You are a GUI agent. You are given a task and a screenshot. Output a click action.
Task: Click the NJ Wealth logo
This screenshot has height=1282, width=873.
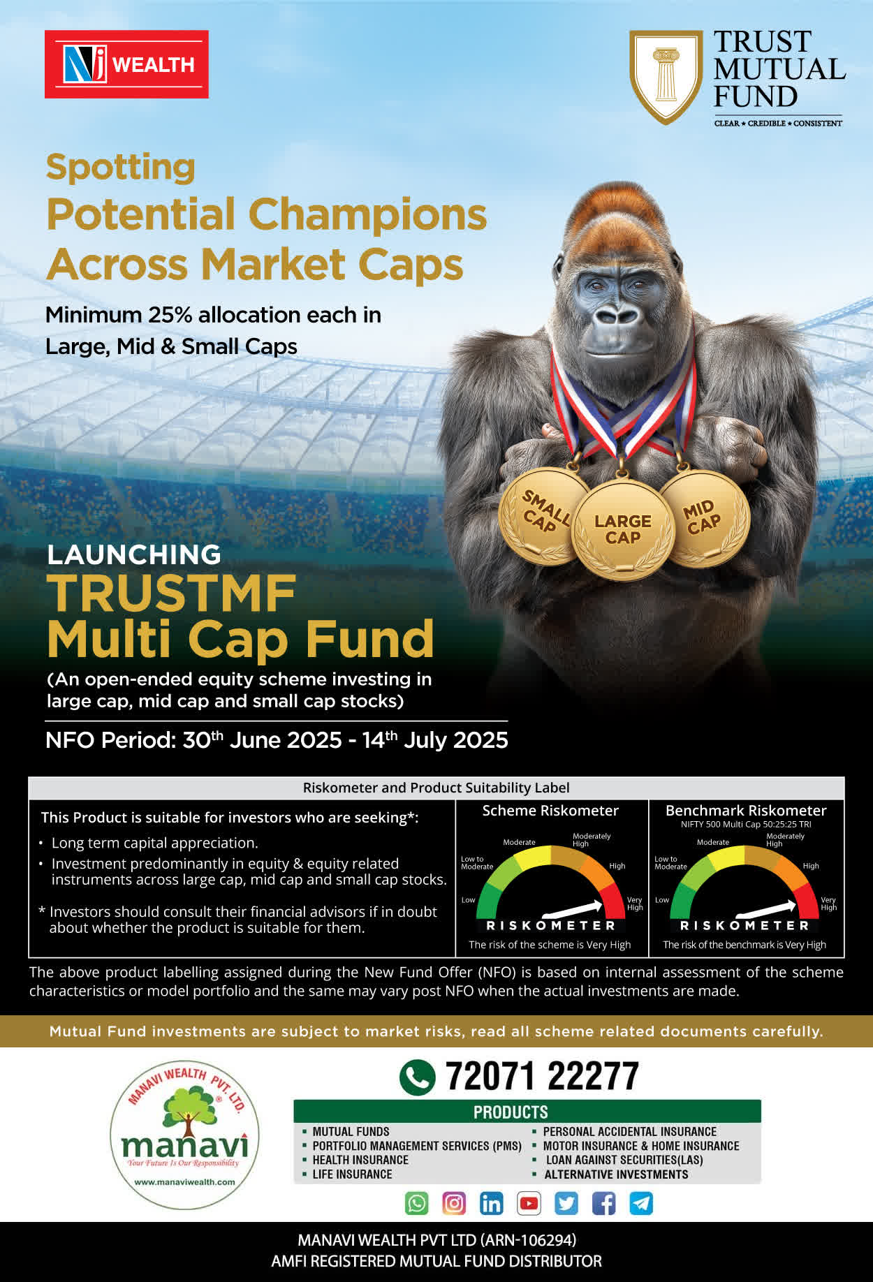(x=126, y=64)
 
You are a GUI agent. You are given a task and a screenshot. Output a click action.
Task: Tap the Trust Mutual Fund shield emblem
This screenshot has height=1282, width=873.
(x=666, y=76)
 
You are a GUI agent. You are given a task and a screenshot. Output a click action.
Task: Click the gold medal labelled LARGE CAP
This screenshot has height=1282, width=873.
(x=623, y=529)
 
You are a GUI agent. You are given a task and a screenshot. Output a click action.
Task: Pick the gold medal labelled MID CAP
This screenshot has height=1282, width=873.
(x=704, y=517)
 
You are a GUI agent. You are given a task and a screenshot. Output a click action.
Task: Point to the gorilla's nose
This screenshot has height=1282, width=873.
(x=617, y=316)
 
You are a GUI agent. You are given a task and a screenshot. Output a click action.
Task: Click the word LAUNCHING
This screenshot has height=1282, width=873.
(x=134, y=554)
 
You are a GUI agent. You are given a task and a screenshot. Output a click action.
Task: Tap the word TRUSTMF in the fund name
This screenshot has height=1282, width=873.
(x=172, y=594)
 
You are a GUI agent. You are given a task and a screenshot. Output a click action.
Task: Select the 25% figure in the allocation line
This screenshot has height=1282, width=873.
(x=170, y=315)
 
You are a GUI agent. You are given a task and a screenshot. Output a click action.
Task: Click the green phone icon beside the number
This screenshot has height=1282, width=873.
(x=417, y=1077)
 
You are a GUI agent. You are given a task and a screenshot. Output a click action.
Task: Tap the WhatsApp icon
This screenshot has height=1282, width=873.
(x=417, y=1203)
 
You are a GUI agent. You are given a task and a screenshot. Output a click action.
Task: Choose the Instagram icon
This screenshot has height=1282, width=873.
(x=454, y=1203)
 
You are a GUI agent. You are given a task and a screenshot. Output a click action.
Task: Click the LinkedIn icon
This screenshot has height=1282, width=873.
(x=492, y=1203)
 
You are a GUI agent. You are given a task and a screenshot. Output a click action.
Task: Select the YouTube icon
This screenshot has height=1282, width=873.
(x=529, y=1203)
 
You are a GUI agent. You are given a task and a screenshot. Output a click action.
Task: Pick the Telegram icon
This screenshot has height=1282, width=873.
(x=641, y=1203)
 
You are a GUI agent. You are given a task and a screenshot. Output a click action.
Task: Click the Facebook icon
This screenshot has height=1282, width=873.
(x=603, y=1203)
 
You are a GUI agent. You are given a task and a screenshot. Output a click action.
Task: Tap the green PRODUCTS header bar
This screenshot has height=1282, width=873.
(x=527, y=1112)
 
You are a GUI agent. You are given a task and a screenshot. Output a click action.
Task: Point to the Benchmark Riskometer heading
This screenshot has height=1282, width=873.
(x=746, y=811)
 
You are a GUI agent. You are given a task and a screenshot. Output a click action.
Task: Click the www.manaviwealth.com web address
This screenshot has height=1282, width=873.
(x=184, y=1182)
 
